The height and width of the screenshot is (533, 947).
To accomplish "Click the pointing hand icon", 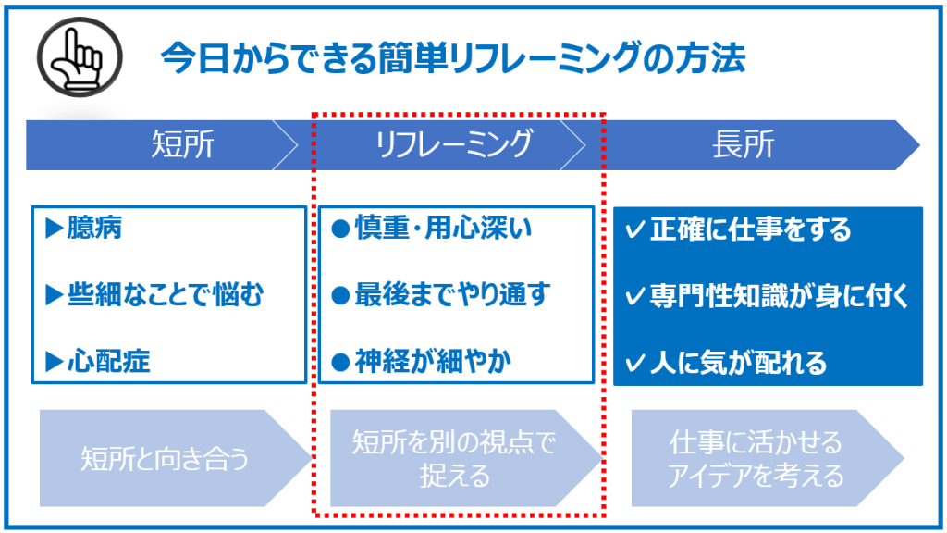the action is coord(80,57).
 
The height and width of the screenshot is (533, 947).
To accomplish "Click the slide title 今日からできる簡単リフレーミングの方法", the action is coord(453,58).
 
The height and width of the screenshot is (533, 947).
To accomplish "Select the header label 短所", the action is coord(182,144).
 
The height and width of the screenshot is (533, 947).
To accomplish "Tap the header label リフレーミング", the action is coord(453,144).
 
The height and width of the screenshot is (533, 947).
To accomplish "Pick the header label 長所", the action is coord(743,144).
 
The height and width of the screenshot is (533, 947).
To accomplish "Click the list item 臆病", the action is coord(95,228).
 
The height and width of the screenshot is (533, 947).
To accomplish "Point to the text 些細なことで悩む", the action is coord(166,295).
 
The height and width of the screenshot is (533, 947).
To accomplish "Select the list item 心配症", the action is coord(109,362).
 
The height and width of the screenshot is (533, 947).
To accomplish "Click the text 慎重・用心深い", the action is coord(443,228).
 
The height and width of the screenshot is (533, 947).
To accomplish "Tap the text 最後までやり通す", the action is coord(452,295).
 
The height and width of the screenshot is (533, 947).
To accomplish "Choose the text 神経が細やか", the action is coord(433,362).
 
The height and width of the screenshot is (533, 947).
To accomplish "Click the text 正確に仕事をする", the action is coord(750,229).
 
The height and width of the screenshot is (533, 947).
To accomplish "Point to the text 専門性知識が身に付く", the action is coord(780,296).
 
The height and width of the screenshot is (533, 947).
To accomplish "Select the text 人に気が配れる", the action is coord(738,363).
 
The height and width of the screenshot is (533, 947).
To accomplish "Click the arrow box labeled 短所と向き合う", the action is coord(176,458).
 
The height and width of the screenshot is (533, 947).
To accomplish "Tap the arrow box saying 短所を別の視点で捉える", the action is coord(466,458).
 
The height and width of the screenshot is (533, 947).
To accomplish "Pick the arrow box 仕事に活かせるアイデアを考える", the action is coord(768,458).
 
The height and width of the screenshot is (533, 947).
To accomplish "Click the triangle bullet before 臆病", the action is coord(55,229).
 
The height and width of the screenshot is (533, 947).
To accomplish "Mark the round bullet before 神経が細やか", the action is coord(340,362).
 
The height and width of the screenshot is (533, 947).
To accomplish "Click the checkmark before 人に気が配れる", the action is coord(634,363).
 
